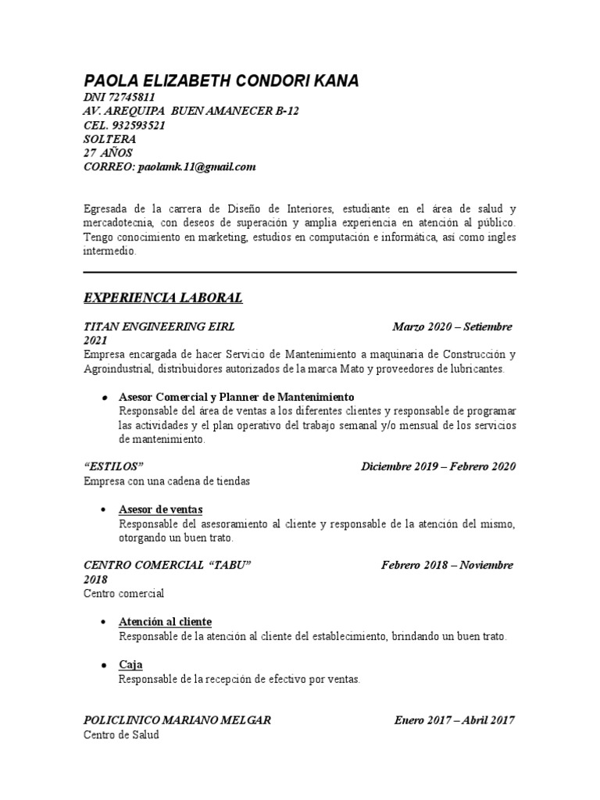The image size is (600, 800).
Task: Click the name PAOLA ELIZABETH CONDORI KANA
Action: [x=222, y=80]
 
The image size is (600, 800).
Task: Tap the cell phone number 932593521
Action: [x=139, y=125]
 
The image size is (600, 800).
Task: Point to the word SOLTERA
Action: [x=109, y=139]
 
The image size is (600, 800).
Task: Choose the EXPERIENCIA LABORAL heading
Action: [x=163, y=298]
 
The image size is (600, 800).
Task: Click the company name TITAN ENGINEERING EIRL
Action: [x=159, y=326]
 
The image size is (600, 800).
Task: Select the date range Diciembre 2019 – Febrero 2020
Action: [x=438, y=467]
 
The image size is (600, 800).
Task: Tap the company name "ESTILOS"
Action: [x=113, y=467]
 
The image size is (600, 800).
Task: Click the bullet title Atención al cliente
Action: [x=165, y=622]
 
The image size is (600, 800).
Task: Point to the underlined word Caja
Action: [x=130, y=665]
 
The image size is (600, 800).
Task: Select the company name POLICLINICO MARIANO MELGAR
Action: [x=177, y=720]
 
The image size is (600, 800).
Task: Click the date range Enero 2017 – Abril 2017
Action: [x=455, y=720]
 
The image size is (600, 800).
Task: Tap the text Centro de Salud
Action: [x=121, y=735]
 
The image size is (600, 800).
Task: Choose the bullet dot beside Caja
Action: [x=104, y=665]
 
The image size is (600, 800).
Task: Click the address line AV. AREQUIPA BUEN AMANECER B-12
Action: [x=191, y=111]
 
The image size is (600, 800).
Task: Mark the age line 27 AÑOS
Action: [x=108, y=153]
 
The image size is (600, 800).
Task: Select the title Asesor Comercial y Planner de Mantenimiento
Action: [x=237, y=397]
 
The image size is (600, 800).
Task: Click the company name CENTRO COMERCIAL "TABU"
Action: [x=167, y=565]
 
